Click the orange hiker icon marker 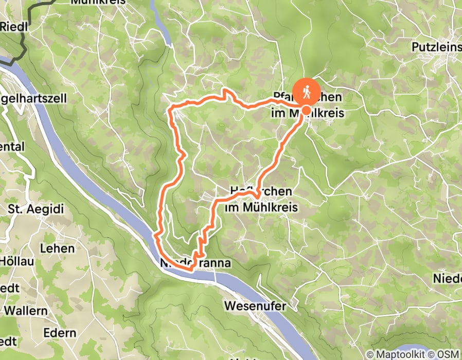(x=307, y=92)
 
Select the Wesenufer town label (x=255, y=306)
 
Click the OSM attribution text (x=447, y=354)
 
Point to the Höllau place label (x=17, y=261)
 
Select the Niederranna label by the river (x=195, y=263)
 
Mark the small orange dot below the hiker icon (x=306, y=110)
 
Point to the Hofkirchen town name (x=259, y=191)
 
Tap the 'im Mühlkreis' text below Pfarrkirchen (x=307, y=112)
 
